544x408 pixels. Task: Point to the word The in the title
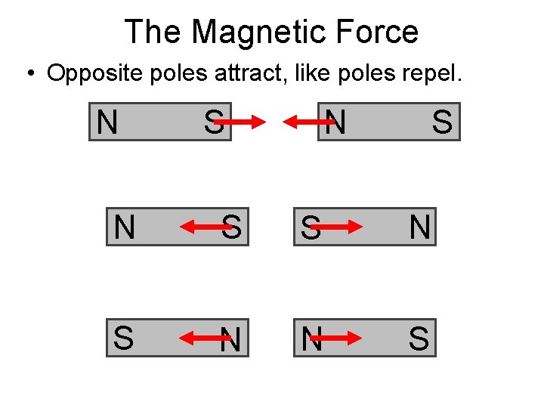click(153, 32)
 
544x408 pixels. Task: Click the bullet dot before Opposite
click(29, 75)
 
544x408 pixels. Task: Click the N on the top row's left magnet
click(107, 122)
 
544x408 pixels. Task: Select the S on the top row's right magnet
click(442, 122)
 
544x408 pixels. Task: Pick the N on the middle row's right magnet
click(419, 227)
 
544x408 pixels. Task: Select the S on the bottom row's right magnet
click(419, 339)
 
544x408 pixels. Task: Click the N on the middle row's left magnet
click(124, 227)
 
